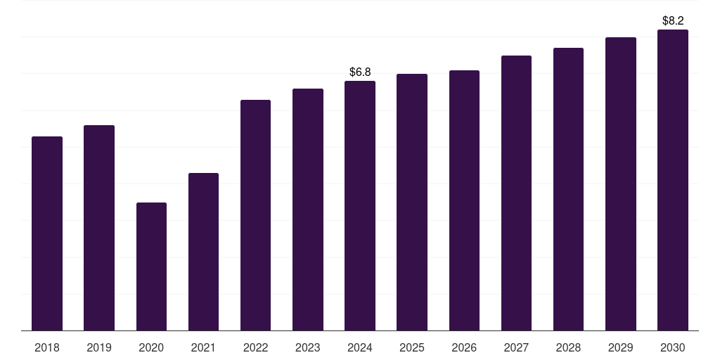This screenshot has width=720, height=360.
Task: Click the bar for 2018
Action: [x=47, y=233]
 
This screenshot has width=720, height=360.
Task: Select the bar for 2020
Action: [x=152, y=266]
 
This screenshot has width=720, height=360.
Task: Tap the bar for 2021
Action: [x=203, y=252]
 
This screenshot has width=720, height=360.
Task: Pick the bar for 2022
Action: [x=255, y=215]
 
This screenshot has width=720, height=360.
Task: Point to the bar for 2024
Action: [x=360, y=206]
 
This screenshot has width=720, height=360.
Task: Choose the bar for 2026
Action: [x=464, y=200]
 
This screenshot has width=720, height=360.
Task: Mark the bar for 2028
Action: [x=568, y=189]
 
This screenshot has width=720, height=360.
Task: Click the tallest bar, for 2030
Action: [x=673, y=180]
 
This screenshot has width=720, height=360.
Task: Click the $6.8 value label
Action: [x=360, y=72]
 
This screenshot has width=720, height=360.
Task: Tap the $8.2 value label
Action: [x=673, y=20]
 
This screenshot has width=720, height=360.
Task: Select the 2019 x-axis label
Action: [x=99, y=348]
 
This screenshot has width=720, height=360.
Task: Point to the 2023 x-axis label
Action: [x=308, y=348]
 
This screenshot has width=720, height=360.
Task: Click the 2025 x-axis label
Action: [x=412, y=348]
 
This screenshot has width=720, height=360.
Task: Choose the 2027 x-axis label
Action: [x=516, y=348]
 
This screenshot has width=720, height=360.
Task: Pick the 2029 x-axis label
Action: [x=621, y=348]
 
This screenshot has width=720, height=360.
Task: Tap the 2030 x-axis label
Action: [x=673, y=348]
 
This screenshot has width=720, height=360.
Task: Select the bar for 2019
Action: [x=99, y=228]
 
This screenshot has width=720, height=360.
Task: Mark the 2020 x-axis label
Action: [x=152, y=348]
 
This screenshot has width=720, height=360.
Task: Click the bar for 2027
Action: [x=516, y=193]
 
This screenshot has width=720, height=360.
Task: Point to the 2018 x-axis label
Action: [x=47, y=348]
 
